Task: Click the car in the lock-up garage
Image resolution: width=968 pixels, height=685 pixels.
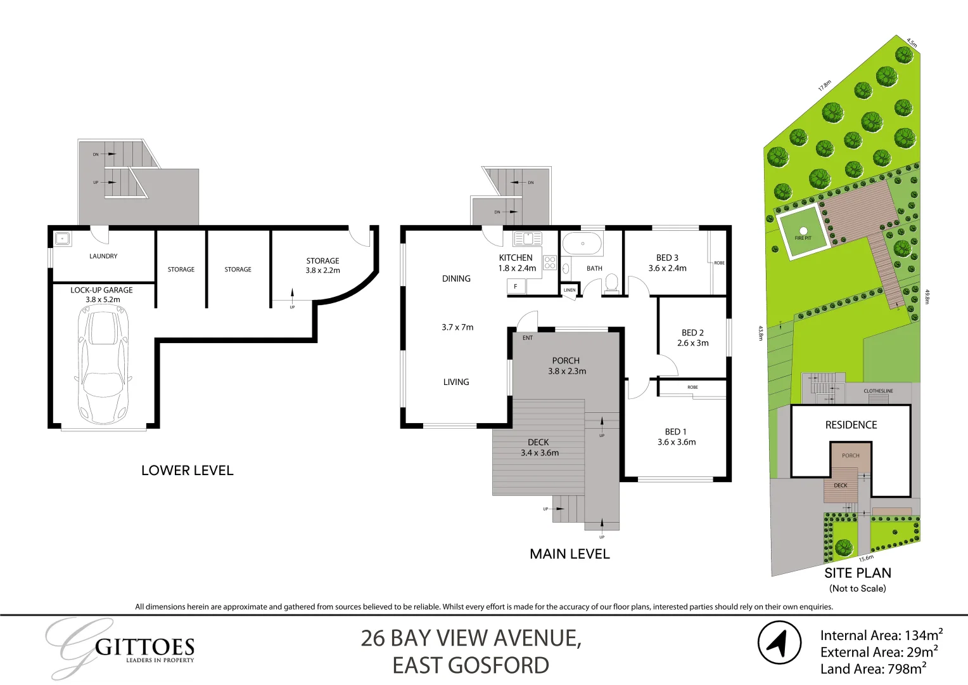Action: pos(103,365)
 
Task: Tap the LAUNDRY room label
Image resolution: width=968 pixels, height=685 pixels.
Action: pos(103,256)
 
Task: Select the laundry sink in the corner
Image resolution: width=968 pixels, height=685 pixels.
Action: pos(62,239)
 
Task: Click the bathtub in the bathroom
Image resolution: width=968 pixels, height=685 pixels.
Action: pos(582,244)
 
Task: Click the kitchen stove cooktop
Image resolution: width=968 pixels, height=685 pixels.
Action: pos(549,262)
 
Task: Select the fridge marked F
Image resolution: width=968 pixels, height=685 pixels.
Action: pos(516,287)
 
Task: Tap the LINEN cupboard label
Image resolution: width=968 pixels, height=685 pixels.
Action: pos(570,290)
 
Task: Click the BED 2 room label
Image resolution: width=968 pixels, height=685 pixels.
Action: pos(692,332)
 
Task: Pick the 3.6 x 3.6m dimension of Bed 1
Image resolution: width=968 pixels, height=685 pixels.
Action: pos(677,442)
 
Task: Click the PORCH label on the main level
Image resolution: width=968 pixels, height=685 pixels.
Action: pos(566,360)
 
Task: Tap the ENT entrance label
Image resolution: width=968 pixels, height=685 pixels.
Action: pos(528,338)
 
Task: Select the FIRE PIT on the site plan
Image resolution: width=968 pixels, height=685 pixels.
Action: pos(803,233)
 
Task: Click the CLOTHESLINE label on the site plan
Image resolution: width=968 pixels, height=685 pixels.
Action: pos(878,391)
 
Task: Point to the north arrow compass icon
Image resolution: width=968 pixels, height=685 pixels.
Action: pos(780,643)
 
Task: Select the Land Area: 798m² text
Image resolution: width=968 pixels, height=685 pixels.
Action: pos(874,669)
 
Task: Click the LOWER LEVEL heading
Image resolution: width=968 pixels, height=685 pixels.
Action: pos(188,471)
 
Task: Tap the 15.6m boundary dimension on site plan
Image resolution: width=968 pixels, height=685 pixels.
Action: pos(866,559)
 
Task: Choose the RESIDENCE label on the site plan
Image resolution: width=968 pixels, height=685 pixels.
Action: pos(851,425)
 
